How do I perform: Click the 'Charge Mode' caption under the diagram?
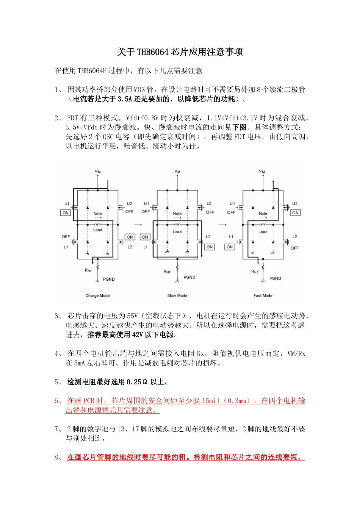coord(97,295)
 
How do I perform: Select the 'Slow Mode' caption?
coord(177,295)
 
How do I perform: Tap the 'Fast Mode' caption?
coord(263,295)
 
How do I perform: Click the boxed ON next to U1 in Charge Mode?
coord(66,213)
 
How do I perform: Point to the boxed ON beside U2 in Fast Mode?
coord(295,213)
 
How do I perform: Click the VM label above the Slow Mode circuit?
coord(177,172)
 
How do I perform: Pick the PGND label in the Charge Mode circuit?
coord(109,279)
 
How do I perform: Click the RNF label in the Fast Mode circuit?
coord(255,272)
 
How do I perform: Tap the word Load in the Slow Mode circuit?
coord(177,232)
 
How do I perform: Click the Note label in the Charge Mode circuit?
coord(98,214)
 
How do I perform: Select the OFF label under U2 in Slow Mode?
coord(210,212)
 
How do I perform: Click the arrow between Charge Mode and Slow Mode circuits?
coord(138,225)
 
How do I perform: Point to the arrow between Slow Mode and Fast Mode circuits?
coord(222,225)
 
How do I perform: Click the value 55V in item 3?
coord(132,316)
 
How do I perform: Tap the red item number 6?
coord(57,401)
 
